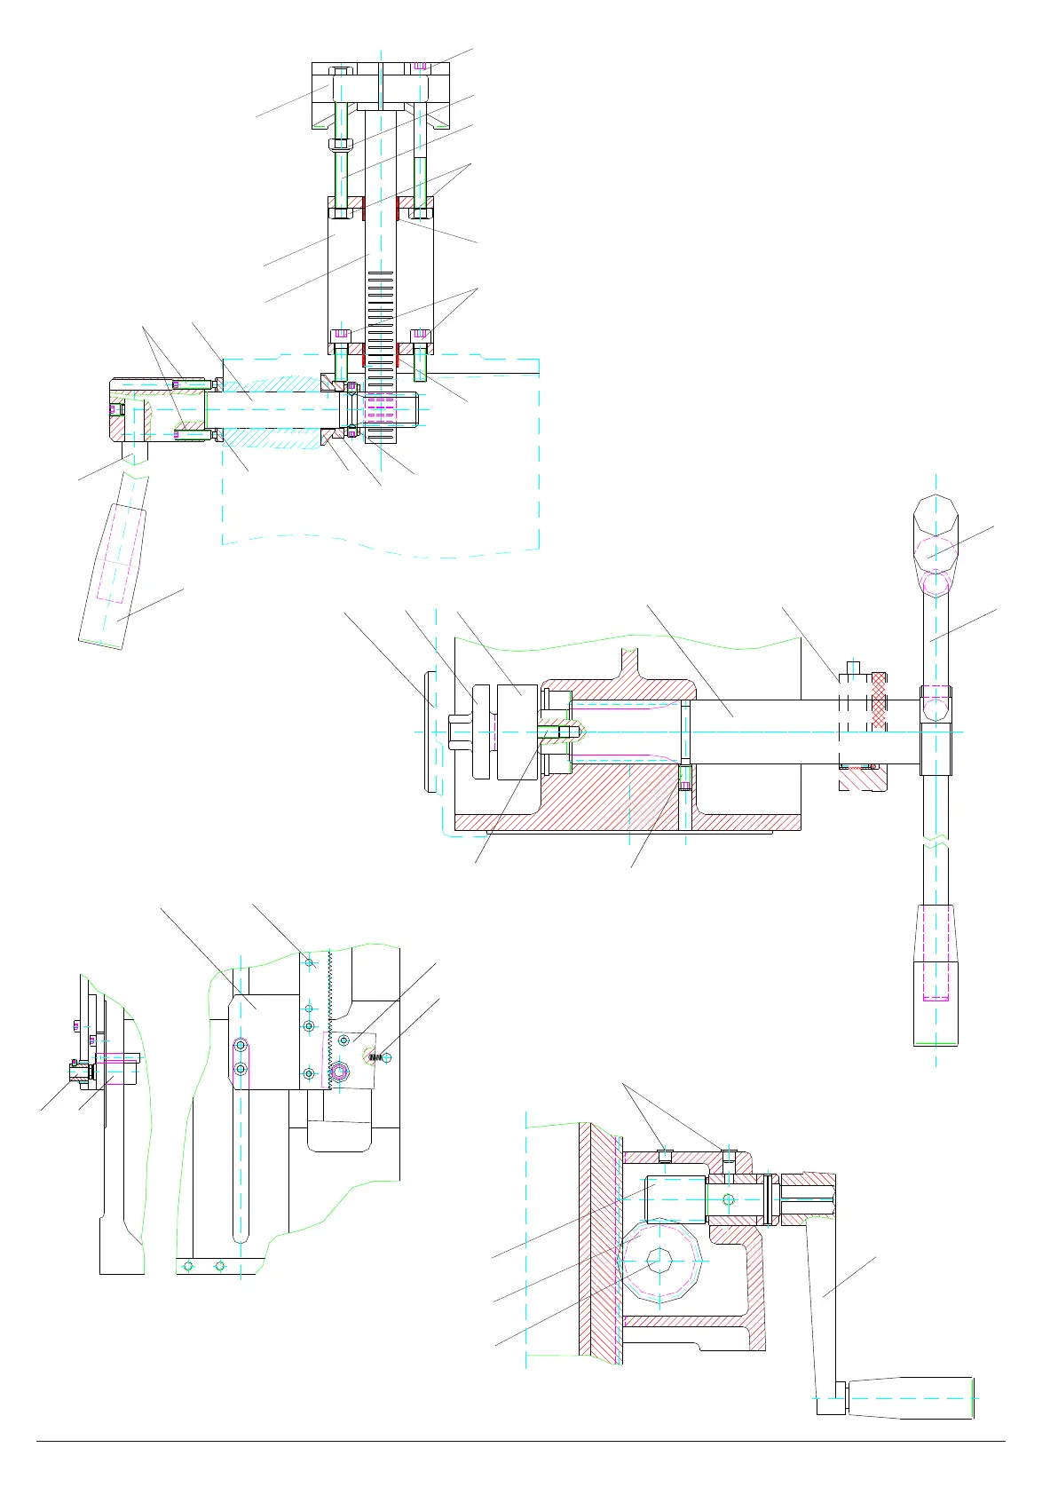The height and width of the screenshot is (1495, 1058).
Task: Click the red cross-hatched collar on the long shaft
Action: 879,701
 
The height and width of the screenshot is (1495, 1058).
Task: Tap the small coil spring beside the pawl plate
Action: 375,1056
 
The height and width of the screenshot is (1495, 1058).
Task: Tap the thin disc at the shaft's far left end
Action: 430,731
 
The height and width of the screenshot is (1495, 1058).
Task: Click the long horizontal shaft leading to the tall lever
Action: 763,732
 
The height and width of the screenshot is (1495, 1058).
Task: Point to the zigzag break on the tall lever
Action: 936,840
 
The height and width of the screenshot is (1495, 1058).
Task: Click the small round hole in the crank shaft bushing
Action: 729,1199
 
